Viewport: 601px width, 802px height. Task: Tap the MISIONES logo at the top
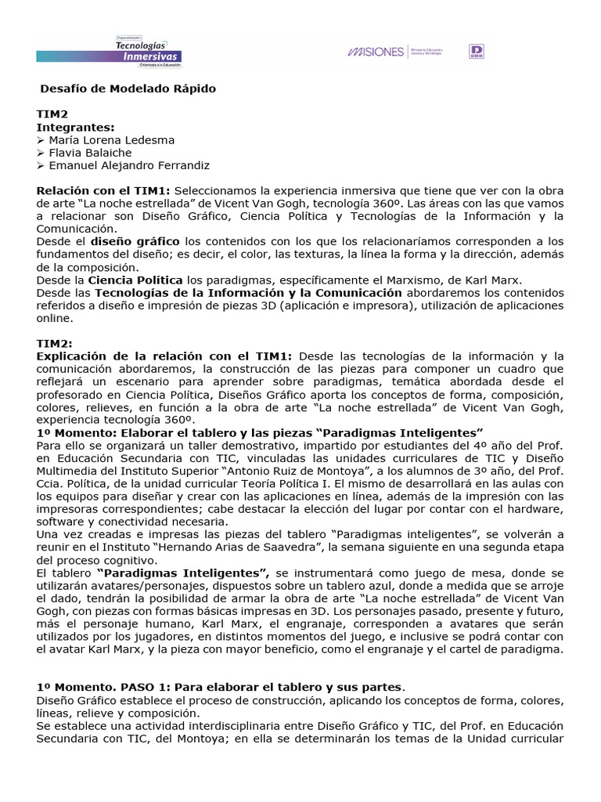[376, 52]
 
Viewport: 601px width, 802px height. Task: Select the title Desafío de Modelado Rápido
[128, 89]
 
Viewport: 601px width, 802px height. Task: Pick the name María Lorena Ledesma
[112, 139]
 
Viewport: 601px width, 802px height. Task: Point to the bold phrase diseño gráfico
[135, 241]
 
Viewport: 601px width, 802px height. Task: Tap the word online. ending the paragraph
[56, 318]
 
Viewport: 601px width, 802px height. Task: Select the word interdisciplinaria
[221, 726]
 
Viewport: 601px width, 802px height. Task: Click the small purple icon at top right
[476, 52]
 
